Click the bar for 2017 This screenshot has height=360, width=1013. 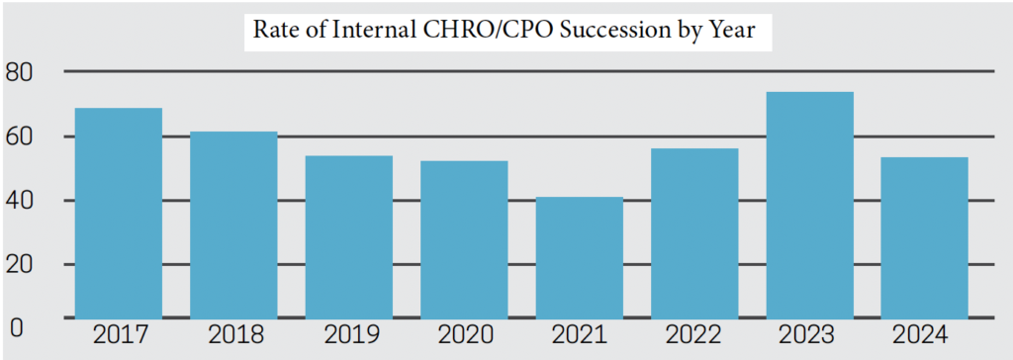(119, 213)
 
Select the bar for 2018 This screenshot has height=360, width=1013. (233, 225)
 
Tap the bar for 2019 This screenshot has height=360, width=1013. (348, 236)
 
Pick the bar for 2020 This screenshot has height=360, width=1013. (464, 239)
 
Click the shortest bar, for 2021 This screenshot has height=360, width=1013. (580, 257)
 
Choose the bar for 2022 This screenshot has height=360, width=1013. (694, 233)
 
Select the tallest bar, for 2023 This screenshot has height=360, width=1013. (809, 205)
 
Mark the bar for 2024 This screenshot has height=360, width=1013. (925, 237)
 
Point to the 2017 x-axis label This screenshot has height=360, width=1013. (119, 335)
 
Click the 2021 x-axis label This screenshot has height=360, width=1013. (580, 335)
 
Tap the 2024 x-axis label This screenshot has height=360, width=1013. (925, 335)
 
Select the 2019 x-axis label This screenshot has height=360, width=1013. (348, 335)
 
